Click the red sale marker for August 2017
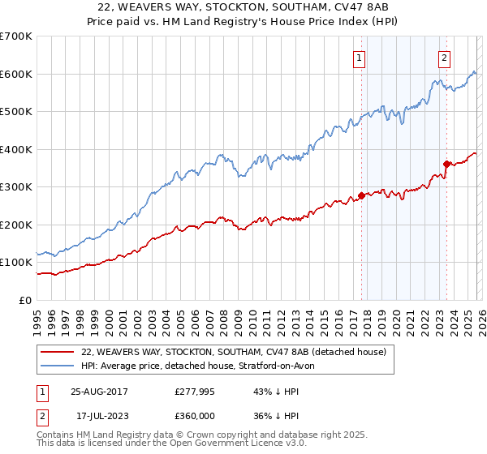pyautogui.click(x=361, y=195)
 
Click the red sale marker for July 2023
pyautogui.click(x=446, y=165)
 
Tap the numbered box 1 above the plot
pyautogui.click(x=359, y=58)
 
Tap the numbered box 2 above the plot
pyautogui.click(x=445, y=58)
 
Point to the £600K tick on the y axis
pyautogui.click(x=16, y=74)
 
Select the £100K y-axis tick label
pyautogui.click(x=16, y=263)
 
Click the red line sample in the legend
pyautogui.click(x=57, y=352)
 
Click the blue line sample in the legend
pyautogui.click(x=57, y=366)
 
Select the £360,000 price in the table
pyautogui.click(x=194, y=415)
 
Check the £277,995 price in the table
pyautogui.click(x=194, y=392)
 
